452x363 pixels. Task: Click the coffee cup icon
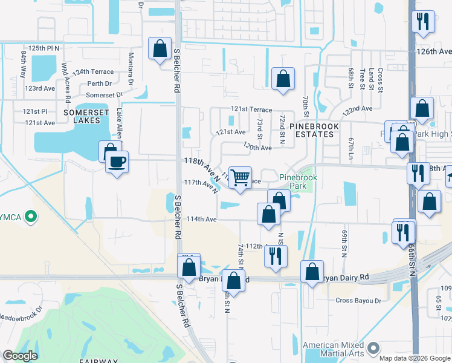coord(117,162)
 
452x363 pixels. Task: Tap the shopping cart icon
coord(240,177)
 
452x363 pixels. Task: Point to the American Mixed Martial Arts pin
coord(373,347)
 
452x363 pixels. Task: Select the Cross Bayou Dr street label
coord(359,300)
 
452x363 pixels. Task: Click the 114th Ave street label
coord(202,219)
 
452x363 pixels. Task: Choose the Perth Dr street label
coord(100,83)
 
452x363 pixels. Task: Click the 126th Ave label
coord(434,52)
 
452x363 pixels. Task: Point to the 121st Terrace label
coord(251,109)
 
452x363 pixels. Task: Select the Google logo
coord(20,356)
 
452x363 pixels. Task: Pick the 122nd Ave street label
coord(358,108)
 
